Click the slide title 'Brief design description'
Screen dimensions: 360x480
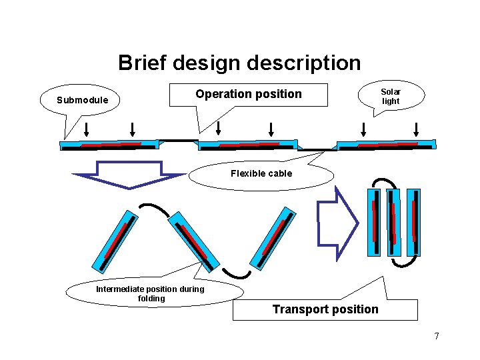coord(239,63)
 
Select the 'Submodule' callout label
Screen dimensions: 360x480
coord(82,101)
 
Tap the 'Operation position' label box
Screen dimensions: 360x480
coord(248,95)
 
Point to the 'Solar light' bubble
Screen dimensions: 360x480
coord(390,97)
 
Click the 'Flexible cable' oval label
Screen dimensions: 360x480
coord(261,174)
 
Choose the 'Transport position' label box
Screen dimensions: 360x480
coord(325,309)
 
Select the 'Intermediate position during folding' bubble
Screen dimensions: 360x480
coord(151,293)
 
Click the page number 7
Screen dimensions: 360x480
coord(437,336)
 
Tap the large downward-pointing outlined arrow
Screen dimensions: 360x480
coord(129,175)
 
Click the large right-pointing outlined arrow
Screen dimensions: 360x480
coord(337,223)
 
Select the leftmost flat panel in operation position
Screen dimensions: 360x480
coord(111,144)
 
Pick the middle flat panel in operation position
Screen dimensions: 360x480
coord(248,144)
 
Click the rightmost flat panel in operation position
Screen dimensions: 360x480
coord(387,144)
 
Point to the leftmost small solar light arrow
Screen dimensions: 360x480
coord(87,129)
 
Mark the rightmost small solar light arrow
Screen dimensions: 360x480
coord(416,129)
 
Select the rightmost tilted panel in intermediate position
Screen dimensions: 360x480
coord(271,237)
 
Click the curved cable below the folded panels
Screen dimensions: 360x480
coord(404,262)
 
